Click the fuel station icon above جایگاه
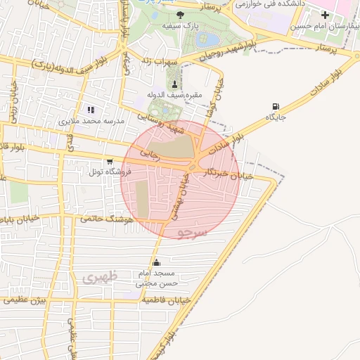coord(272,107)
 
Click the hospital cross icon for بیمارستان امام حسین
coord(325,15)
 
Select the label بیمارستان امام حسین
coord(328,26)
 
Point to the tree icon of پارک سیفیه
coord(181,14)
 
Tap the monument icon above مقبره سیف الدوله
coord(174,84)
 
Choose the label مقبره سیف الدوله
coord(174,95)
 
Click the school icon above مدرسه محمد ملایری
coord(90,110)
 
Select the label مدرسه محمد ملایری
coord(91,120)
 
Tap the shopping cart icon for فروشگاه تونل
coord(109,160)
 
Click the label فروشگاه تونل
coord(105,171)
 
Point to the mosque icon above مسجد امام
coord(156,264)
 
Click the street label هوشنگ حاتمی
coord(106,219)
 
